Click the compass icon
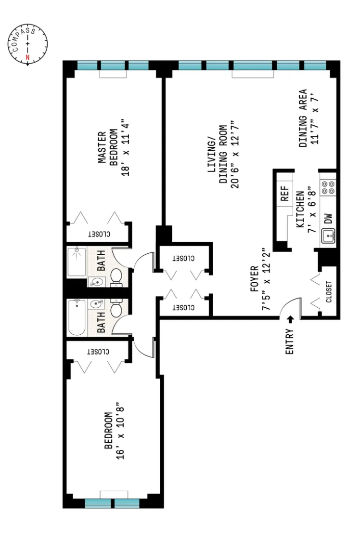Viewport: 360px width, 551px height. point(28,44)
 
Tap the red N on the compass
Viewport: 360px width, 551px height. point(27,58)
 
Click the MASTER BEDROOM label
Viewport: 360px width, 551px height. point(107,148)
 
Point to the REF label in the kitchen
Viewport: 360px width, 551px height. point(284,194)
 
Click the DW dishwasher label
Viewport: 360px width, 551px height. point(329,218)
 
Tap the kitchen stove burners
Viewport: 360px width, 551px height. point(329,187)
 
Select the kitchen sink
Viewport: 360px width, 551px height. point(329,236)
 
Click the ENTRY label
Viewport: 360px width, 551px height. point(290,341)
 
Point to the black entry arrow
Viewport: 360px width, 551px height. point(290,319)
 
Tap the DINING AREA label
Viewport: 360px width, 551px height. point(303,118)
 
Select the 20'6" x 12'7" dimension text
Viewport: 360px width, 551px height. point(235,157)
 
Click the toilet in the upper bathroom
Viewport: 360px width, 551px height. point(116,276)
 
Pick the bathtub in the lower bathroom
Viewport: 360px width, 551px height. point(77,317)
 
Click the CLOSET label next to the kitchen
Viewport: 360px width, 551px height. point(329,291)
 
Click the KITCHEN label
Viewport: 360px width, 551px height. point(299,209)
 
